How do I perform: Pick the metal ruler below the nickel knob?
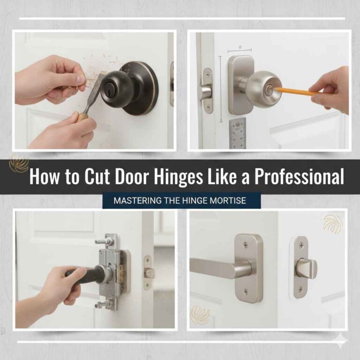[238, 133]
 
